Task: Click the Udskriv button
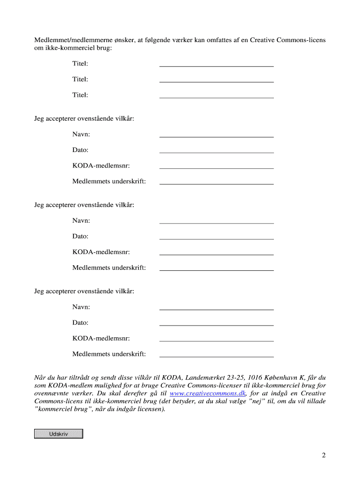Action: click(58, 434)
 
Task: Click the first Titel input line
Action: click(216, 64)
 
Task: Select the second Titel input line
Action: click(216, 80)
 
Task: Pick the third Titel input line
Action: click(216, 95)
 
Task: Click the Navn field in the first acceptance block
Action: click(216, 134)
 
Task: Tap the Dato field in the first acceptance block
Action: click(216, 150)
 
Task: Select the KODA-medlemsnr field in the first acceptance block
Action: click(216, 166)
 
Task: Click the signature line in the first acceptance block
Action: click(216, 181)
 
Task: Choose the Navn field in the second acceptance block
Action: click(216, 221)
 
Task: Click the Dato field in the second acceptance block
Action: click(216, 236)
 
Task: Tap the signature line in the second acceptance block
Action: click(216, 268)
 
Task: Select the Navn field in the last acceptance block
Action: click(216, 307)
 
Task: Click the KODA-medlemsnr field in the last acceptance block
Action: click(216, 338)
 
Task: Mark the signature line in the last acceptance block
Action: click(216, 354)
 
